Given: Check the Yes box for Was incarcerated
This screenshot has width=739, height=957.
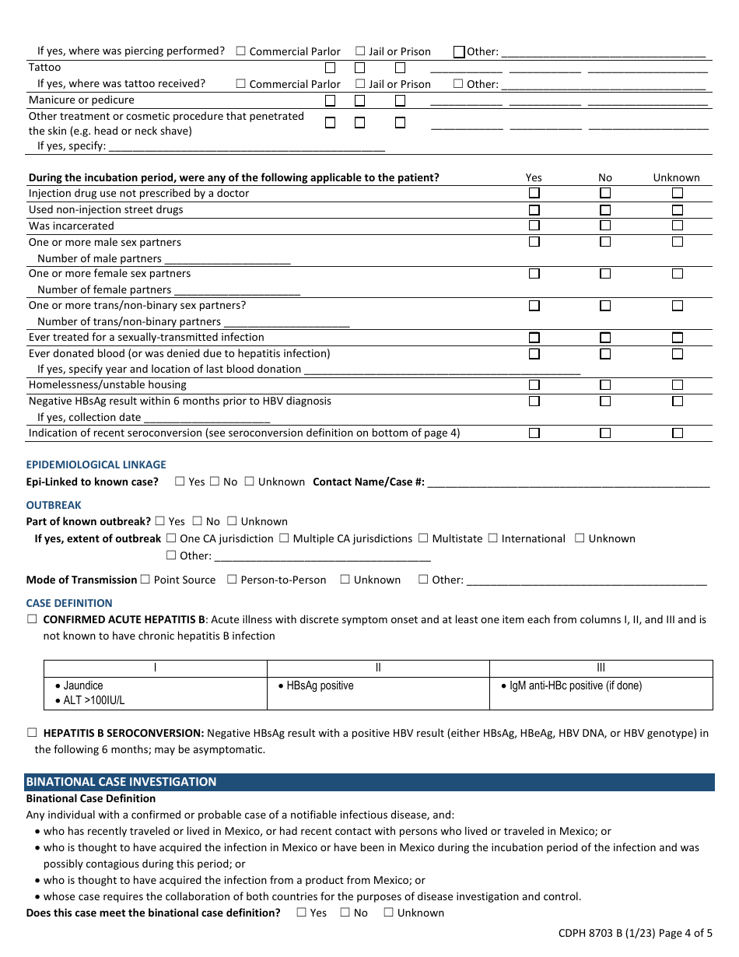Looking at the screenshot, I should (x=534, y=226).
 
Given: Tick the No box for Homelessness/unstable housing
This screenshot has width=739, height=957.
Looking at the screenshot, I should (x=605, y=385).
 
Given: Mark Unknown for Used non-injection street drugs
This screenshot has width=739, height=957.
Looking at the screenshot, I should (x=678, y=210).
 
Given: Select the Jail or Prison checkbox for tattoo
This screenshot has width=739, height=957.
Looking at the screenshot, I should (x=361, y=84).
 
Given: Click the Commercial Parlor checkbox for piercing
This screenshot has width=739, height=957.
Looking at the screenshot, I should (x=240, y=51).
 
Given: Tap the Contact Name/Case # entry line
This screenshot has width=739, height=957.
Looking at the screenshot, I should (x=568, y=482).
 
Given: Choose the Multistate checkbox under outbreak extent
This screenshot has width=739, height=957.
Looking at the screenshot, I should (x=423, y=538).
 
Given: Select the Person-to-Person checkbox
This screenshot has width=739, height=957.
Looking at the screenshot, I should (x=232, y=580).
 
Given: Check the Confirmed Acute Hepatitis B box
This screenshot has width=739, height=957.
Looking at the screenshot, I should (x=32, y=620).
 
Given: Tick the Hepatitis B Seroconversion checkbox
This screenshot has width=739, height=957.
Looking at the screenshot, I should (x=32, y=733).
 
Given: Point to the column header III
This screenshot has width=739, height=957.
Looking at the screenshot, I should (x=601, y=668).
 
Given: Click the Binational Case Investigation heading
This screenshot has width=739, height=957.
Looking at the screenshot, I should (x=121, y=782).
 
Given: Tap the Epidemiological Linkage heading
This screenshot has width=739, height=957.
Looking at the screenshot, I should (x=96, y=464).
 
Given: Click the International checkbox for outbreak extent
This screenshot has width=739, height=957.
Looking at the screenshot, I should (x=492, y=538).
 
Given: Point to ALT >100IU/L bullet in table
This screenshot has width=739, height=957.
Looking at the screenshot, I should (x=93, y=700).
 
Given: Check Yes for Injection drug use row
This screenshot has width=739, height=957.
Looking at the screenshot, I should (x=534, y=193).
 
